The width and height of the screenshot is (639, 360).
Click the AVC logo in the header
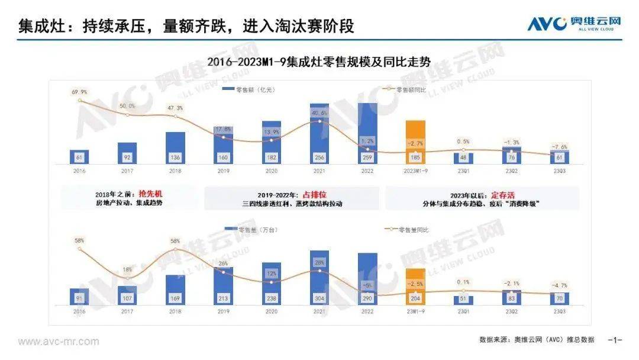[575, 23]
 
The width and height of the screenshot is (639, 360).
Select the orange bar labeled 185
[415, 142]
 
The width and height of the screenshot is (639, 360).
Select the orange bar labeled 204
[415, 287]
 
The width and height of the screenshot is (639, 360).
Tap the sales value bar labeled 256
[319, 134]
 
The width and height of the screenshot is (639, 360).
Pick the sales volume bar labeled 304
[319, 278]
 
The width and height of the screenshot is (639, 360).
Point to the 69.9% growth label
[79, 92]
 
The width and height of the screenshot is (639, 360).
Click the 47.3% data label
[175, 108]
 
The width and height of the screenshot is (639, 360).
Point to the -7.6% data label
[559, 147]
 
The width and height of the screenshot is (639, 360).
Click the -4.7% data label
[559, 285]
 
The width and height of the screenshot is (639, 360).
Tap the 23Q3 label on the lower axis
[559, 311]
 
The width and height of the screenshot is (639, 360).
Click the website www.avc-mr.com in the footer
[59, 342]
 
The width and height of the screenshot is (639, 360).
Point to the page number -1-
[616, 340]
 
